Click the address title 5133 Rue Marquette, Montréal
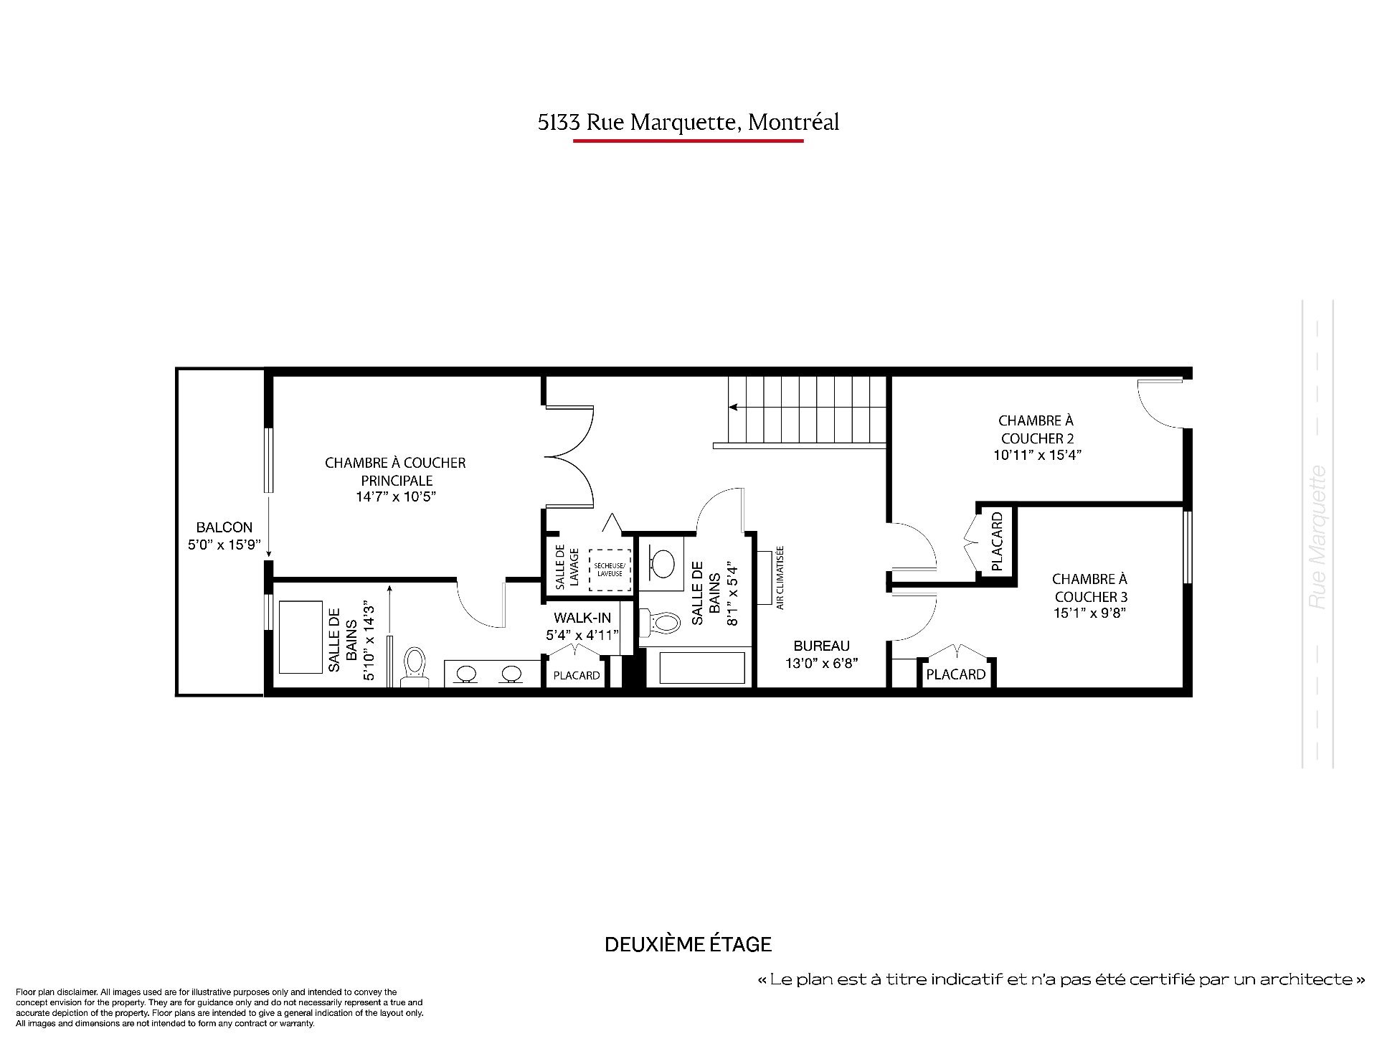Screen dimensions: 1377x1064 tap(688, 123)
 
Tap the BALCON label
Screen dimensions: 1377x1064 tap(224, 527)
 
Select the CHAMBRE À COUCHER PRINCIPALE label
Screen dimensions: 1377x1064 tap(395, 471)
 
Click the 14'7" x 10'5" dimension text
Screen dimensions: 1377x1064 tap(395, 496)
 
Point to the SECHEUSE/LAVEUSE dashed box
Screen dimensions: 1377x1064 tap(610, 570)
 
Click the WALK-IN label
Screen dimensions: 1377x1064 tap(582, 618)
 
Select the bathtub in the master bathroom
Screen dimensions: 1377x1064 tap(300, 637)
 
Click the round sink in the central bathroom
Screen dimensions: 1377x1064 tap(663, 563)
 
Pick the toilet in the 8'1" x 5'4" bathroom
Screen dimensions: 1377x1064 tap(659, 621)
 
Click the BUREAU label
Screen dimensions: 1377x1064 tap(822, 646)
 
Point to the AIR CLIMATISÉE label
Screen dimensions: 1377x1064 tap(780, 578)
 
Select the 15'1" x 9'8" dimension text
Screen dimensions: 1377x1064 tap(1089, 613)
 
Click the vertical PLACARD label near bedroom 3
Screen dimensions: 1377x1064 tap(996, 541)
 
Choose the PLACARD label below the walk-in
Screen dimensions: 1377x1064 tap(577, 675)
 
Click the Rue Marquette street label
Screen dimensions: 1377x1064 tap(1317, 538)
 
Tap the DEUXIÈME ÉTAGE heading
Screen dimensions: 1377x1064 tap(688, 944)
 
